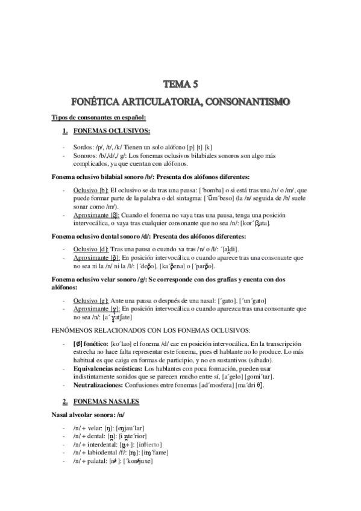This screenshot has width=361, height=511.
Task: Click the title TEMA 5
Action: tap(181, 84)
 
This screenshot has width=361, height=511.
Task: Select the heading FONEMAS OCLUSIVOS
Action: tap(111, 131)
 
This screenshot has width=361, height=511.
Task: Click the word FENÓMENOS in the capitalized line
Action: tap(78, 330)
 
